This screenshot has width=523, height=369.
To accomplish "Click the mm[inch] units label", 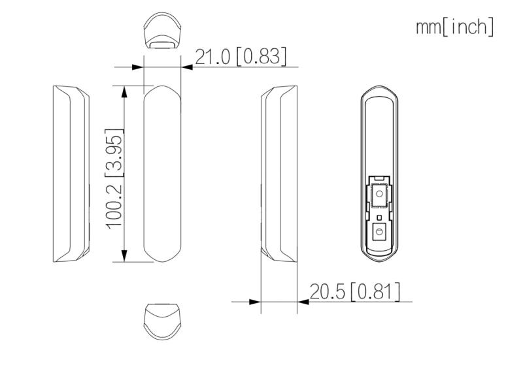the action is (x=454, y=27).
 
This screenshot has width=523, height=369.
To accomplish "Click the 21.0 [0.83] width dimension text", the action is (x=241, y=56).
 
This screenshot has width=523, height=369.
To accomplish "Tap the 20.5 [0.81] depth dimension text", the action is (x=355, y=291).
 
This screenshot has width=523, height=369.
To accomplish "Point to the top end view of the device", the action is (x=162, y=31).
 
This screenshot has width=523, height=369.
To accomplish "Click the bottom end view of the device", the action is (x=162, y=321).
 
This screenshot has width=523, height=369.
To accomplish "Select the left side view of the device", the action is (x=71, y=174).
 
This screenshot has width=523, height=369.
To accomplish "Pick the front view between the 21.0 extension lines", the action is (x=162, y=174).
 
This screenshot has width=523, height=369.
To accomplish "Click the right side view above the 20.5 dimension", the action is (x=279, y=174).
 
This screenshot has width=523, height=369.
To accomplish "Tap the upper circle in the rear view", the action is (x=379, y=193).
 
